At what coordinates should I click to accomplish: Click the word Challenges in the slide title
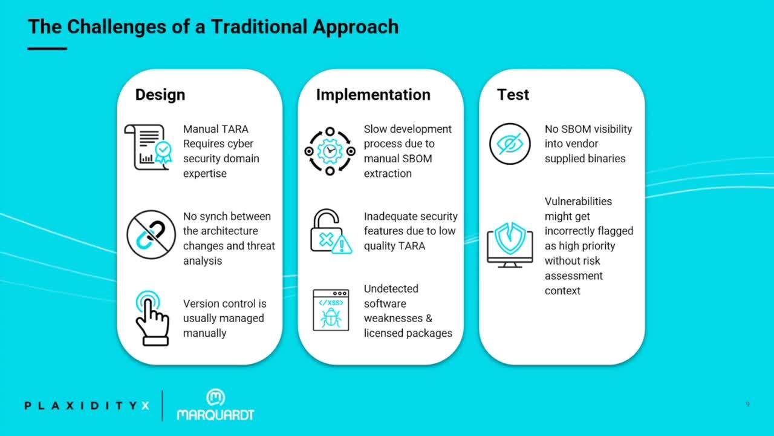pyautogui.click(x=117, y=28)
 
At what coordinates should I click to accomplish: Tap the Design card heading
pyautogui.click(x=160, y=95)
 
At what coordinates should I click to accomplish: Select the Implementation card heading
pyautogui.click(x=373, y=95)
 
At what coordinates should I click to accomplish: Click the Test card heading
pyautogui.click(x=513, y=95)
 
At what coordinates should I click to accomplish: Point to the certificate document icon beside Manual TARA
pyautogui.click(x=148, y=147)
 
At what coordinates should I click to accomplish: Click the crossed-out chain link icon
pyautogui.click(x=151, y=234)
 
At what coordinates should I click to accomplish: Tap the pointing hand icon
pyautogui.click(x=152, y=318)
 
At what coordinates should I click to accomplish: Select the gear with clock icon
pyautogui.click(x=330, y=151)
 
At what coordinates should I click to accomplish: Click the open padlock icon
pyautogui.click(x=327, y=231)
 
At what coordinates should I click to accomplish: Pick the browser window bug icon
pyautogui.click(x=331, y=310)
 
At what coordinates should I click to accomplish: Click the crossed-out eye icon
pyautogui.click(x=510, y=144)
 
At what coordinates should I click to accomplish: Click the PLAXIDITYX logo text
pyautogui.click(x=86, y=406)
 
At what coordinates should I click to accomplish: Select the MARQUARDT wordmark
pyautogui.click(x=216, y=415)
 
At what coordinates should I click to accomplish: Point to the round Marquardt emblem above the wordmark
pyautogui.click(x=216, y=397)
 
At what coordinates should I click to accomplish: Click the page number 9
pyautogui.click(x=748, y=404)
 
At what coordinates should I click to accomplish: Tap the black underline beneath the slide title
pyautogui.click(x=47, y=49)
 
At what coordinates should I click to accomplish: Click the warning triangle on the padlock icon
pyautogui.click(x=342, y=244)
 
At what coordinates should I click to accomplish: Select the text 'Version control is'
pyautogui.click(x=224, y=303)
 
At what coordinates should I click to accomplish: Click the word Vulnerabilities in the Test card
pyautogui.click(x=578, y=202)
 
